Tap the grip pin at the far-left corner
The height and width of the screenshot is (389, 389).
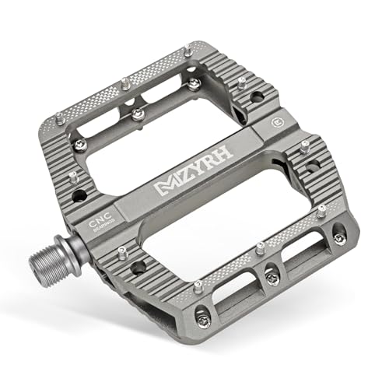58,117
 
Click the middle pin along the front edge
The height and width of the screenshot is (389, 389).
260,248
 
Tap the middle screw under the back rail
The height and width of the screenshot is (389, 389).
138,113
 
